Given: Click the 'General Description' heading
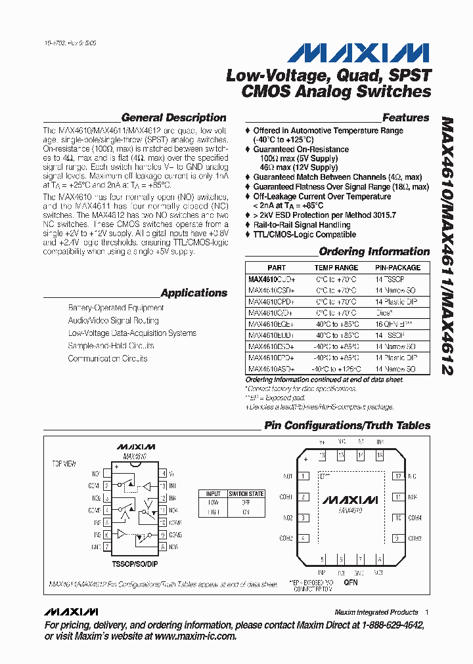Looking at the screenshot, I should pos(174,118).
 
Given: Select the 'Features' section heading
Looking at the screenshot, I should pos(405,118).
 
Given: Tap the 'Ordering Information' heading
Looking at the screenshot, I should pos(374,252).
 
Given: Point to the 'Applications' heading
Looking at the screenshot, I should pos(194,293).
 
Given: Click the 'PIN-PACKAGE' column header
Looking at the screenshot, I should pos(397,268).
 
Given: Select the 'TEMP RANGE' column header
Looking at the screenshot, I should pos(336,268).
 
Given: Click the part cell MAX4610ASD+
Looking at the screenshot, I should pos(271,369).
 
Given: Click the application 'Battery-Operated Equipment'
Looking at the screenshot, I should pos(116,308).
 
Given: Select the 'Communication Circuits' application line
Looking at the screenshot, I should pos(108,359).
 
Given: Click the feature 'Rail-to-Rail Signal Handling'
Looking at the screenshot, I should pos(302,225).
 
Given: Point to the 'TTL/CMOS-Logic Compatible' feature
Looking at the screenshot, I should pos(305,234).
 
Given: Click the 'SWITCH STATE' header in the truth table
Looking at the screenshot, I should pos(246,493).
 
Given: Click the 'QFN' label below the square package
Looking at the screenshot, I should pos(351,581).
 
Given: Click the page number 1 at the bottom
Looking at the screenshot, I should pos(427,612).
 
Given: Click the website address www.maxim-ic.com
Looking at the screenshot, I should pos(196,636).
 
